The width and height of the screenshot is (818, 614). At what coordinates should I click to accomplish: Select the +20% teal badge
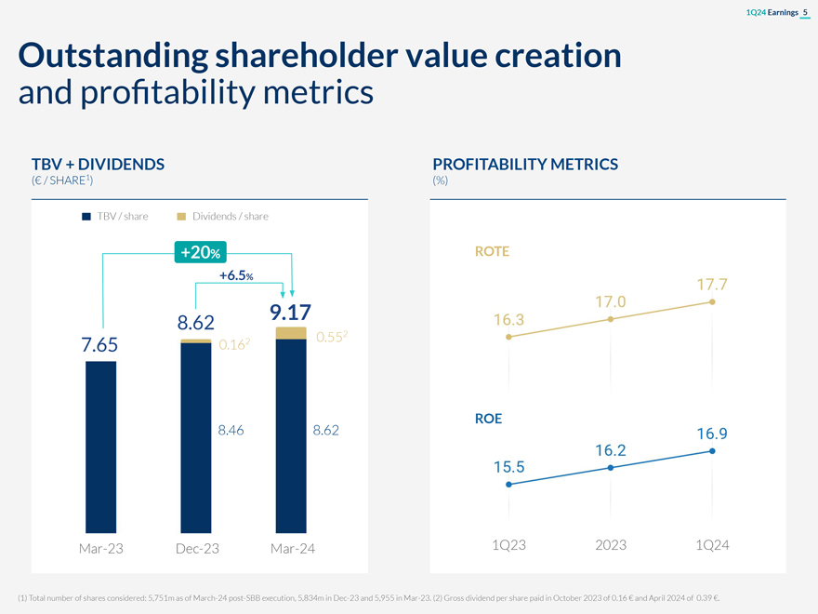(201, 251)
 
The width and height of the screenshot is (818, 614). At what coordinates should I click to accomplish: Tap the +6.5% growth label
(237, 275)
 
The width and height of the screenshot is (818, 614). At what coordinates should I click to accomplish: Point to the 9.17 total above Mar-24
(290, 311)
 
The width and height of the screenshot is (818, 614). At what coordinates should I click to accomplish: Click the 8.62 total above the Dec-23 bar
(196, 324)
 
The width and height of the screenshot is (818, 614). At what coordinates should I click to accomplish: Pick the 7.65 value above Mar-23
(100, 345)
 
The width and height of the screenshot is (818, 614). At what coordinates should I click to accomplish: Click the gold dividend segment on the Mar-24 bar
(291, 333)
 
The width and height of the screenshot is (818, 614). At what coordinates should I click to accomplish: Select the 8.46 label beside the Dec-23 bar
(231, 431)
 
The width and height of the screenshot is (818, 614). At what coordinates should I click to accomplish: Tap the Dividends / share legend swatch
(181, 217)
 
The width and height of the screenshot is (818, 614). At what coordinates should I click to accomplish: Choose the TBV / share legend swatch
(86, 217)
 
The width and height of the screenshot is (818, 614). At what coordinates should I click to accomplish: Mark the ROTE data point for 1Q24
(711, 302)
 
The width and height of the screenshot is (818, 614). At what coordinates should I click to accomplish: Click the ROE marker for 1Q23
(508, 485)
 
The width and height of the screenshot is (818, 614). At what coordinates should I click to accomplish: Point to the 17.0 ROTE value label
(610, 301)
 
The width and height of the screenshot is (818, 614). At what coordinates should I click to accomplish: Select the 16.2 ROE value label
(610, 450)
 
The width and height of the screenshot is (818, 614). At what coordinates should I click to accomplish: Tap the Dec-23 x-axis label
(196, 549)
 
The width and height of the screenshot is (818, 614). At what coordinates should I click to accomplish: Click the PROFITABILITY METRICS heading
(525, 165)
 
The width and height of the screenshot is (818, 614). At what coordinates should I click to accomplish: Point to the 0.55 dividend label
(330, 338)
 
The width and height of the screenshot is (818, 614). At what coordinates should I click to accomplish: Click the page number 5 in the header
(804, 11)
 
